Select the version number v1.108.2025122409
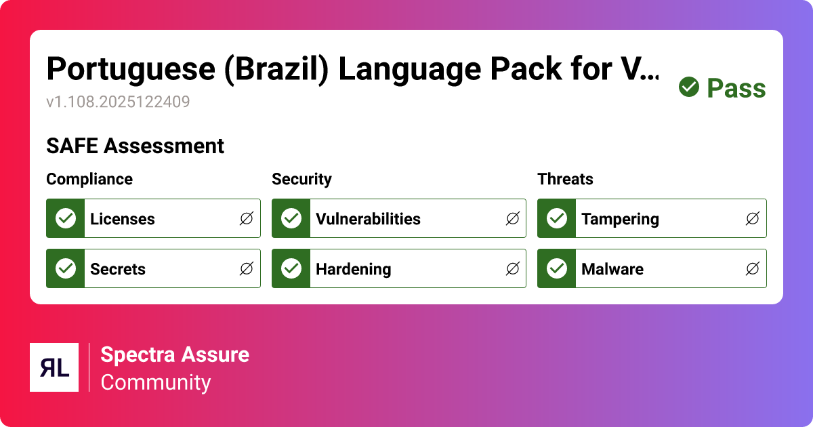pyautogui.click(x=118, y=102)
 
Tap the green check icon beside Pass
pyautogui.click(x=689, y=87)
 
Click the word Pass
pyautogui.click(x=736, y=88)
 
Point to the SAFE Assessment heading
pyautogui.click(x=135, y=146)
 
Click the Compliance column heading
pyautogui.click(x=89, y=179)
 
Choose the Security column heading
pyautogui.click(x=301, y=179)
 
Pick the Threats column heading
pyautogui.click(x=565, y=179)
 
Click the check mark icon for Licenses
pyautogui.click(x=66, y=218)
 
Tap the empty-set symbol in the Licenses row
pyautogui.click(x=247, y=219)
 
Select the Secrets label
pyautogui.click(x=118, y=269)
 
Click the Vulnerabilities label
pyautogui.click(x=368, y=219)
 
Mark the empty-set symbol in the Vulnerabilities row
pyautogui.click(x=513, y=219)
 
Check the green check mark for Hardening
pyautogui.click(x=291, y=268)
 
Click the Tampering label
pyautogui.click(x=620, y=219)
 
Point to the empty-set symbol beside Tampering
pyautogui.click(x=753, y=219)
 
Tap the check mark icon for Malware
pyautogui.click(x=557, y=268)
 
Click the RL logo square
pyautogui.click(x=54, y=367)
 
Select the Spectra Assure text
pyautogui.click(x=175, y=354)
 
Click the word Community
pyautogui.click(x=156, y=382)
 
